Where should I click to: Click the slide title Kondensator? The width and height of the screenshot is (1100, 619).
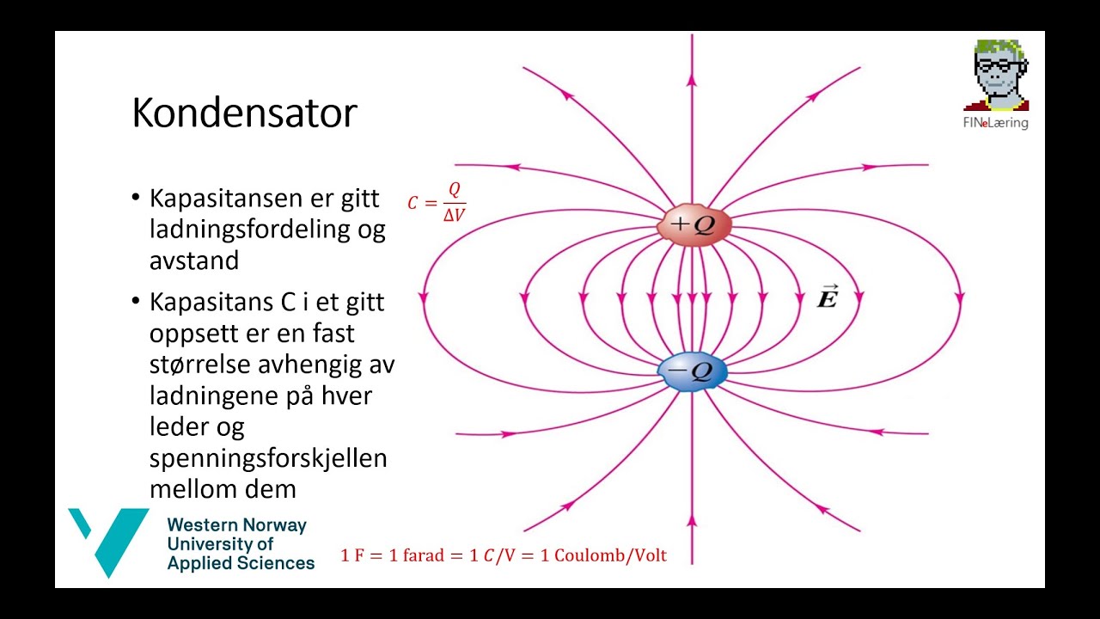(x=244, y=113)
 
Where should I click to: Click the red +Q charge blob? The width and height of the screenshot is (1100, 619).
(x=694, y=225)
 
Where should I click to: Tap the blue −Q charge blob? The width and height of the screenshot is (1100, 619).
(x=693, y=371)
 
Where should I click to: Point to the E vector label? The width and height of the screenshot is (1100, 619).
(x=827, y=297)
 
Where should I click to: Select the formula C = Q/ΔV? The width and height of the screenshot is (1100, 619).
(x=437, y=203)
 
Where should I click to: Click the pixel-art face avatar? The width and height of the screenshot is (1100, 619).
(x=997, y=75)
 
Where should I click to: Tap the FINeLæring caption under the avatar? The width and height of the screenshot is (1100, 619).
(x=995, y=123)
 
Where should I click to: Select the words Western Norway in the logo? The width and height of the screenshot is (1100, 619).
(x=236, y=524)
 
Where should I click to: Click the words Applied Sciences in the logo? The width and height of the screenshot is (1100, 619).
(x=241, y=563)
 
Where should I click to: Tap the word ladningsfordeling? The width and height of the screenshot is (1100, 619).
(x=267, y=230)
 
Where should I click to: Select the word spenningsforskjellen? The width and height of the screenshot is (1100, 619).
(x=268, y=457)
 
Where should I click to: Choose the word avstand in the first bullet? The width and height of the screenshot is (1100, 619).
(x=193, y=260)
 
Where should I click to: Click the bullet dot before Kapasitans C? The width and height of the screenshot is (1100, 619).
(x=135, y=302)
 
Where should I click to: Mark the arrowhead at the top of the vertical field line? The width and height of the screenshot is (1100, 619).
(x=692, y=79)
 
